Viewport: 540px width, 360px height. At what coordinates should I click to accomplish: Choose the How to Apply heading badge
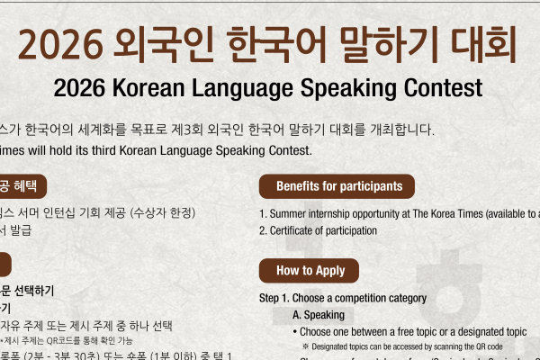click(x=309, y=270)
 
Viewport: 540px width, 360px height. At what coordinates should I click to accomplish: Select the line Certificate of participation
click(x=323, y=230)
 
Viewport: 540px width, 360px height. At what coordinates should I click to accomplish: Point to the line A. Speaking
click(x=319, y=314)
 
